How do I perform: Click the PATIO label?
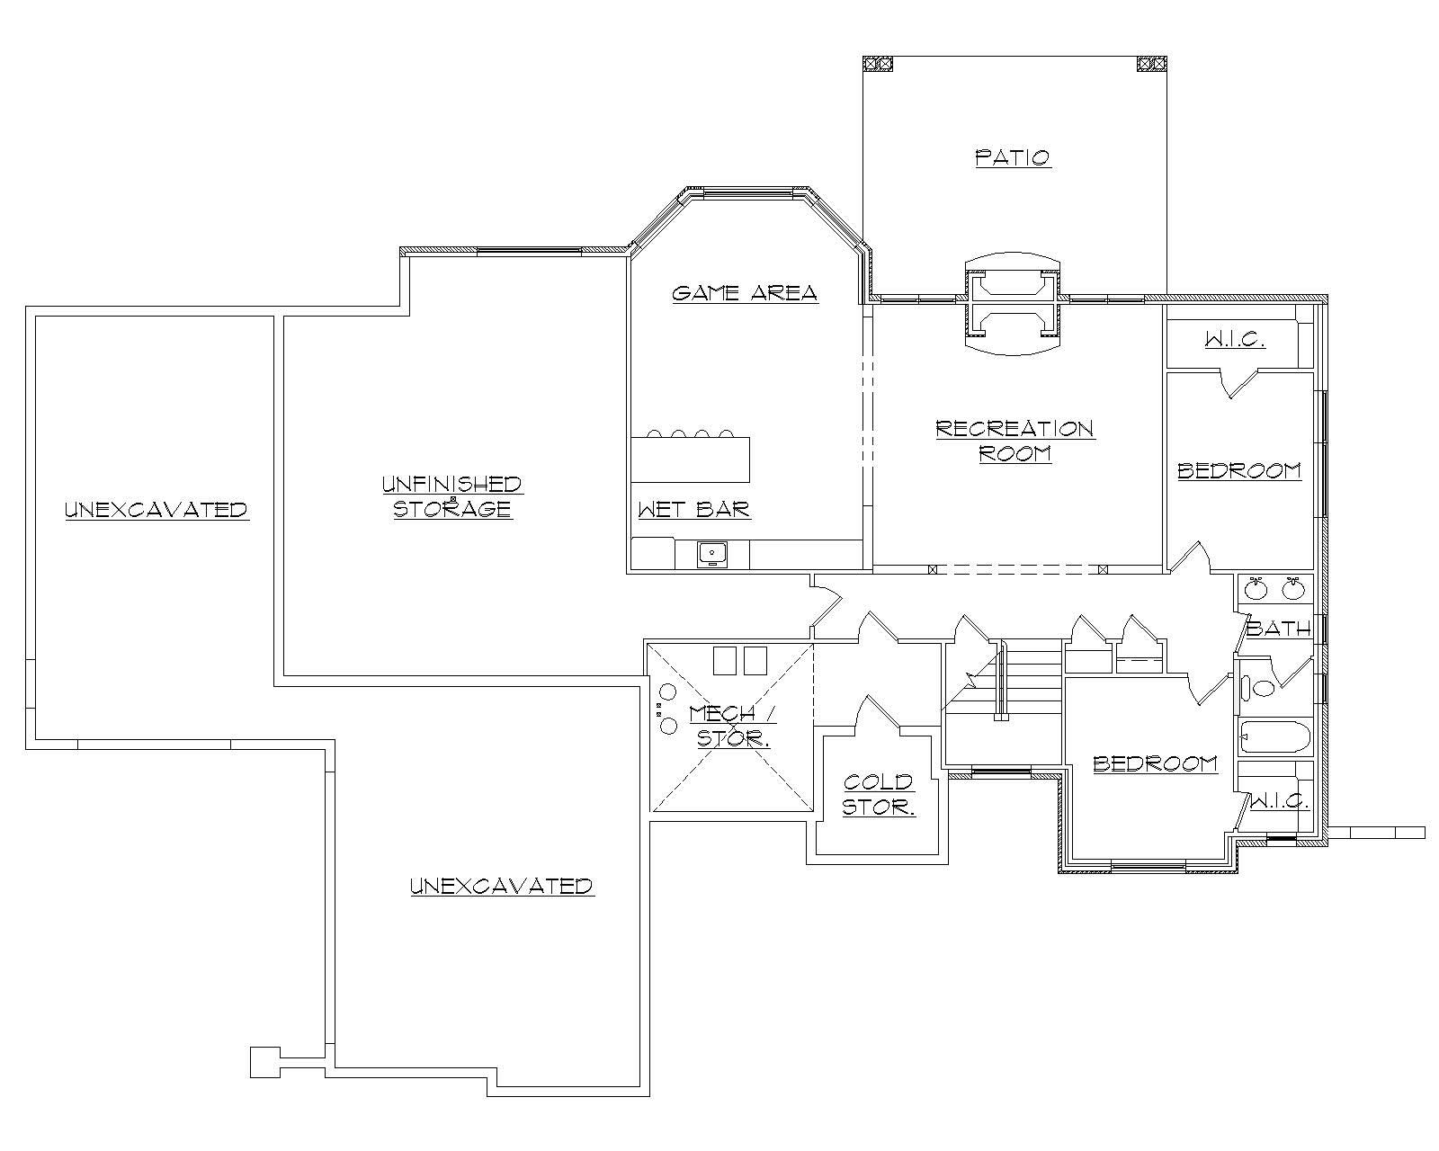[x=1013, y=157]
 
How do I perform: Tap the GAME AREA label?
[x=745, y=292]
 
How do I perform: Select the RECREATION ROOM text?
[x=1014, y=441]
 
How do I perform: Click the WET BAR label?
[x=693, y=510]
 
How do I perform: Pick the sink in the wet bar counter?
[x=713, y=554]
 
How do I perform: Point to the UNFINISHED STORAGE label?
[x=452, y=496]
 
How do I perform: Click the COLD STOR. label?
[x=879, y=795]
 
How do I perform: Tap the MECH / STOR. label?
[x=730, y=726]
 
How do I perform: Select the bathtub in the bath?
[x=1274, y=738]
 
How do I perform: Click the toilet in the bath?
[x=1258, y=690]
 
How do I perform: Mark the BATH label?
[x=1278, y=629]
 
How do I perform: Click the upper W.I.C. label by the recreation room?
[x=1234, y=340]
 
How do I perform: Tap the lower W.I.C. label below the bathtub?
[x=1280, y=800]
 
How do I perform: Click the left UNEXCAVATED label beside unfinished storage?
[x=156, y=510]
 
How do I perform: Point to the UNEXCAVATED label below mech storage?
[x=502, y=886]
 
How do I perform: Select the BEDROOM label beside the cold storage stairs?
[x=1155, y=763]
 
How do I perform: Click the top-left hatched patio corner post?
[x=878, y=63]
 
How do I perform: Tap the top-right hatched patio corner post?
[x=1150, y=63]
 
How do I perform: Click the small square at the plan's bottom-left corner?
[x=264, y=1062]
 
